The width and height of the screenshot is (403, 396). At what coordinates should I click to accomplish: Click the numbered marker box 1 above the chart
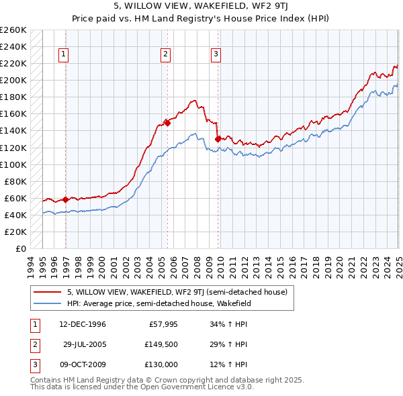63,55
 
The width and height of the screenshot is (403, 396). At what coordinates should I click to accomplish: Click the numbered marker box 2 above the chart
165,55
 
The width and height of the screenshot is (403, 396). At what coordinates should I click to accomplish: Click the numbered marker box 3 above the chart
216,55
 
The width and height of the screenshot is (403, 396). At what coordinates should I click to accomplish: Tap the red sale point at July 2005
167,123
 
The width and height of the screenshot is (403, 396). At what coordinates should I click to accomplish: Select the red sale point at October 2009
218,139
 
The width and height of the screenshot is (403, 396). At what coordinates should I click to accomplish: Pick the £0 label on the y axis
21,248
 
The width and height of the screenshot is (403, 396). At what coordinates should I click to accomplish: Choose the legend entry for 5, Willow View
177,292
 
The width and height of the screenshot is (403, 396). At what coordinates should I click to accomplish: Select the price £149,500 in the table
162,344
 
